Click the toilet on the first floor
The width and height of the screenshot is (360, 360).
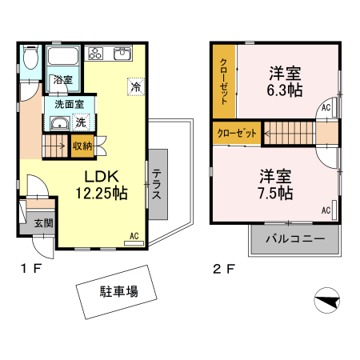[x=30, y=58]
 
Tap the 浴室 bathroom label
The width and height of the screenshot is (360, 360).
[x=62, y=80]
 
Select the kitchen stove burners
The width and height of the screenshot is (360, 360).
[x=96, y=54]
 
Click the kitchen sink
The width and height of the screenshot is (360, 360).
[x=122, y=54]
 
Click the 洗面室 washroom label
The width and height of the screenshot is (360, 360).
[x=69, y=104]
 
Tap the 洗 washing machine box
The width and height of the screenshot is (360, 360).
[x=80, y=122]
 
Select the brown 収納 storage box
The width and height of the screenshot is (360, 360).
[x=82, y=146]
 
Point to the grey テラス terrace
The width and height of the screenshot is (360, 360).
[x=158, y=185]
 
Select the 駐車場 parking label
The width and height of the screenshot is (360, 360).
[x=118, y=292]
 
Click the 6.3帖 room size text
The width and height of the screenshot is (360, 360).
[x=285, y=90]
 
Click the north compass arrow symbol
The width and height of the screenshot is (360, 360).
[x=328, y=302]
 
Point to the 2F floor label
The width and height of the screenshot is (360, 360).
[x=222, y=268]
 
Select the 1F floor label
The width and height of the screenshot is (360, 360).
[x=30, y=268]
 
